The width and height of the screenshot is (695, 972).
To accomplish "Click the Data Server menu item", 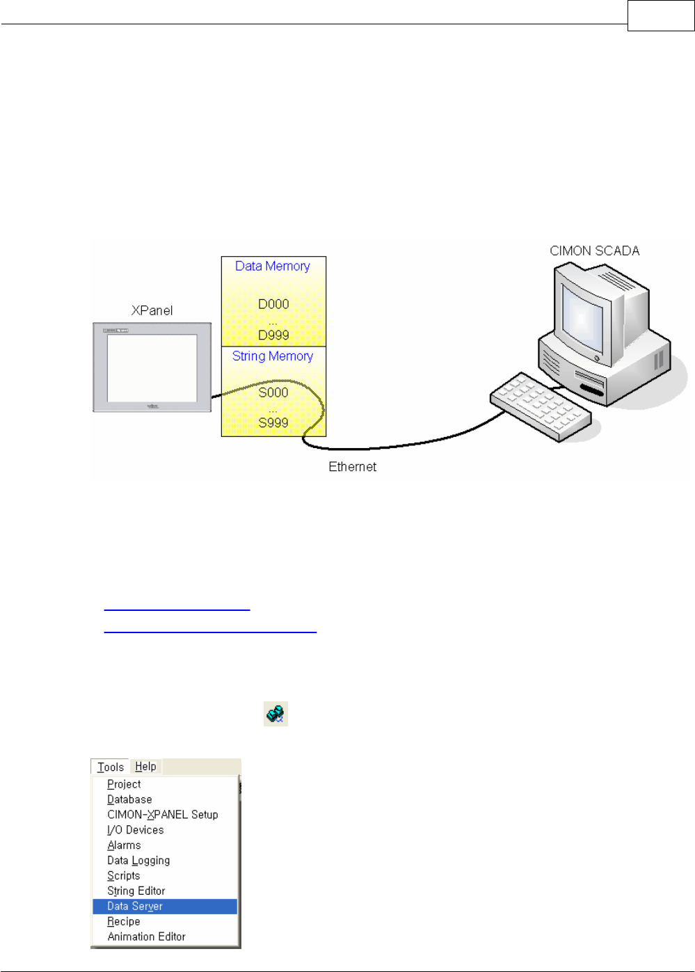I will tap(135, 906).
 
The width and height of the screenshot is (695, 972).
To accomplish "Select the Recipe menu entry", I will tap(124, 921).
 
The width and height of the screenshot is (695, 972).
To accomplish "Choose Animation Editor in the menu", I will tap(146, 937).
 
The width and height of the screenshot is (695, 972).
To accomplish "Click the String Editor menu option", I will tap(136, 891).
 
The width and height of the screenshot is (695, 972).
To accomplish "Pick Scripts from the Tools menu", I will tap(124, 875).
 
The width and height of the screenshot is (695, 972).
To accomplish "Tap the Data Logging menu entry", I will tap(138, 860).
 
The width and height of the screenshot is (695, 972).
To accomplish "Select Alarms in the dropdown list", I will tap(124, 845).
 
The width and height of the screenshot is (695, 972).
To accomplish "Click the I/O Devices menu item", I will tap(136, 829).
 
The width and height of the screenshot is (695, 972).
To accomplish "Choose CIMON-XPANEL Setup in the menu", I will tap(163, 814).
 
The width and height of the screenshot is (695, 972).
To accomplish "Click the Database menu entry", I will tap(129, 799).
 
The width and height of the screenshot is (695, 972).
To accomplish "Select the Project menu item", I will tap(124, 784).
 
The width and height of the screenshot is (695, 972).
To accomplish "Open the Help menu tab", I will tap(145, 766).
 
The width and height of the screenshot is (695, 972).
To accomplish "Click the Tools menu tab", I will tap(111, 767).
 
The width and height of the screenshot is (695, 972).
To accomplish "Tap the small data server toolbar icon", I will tap(275, 714).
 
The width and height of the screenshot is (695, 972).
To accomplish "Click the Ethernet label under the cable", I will tap(352, 467).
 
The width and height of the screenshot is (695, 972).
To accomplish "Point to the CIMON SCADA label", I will tap(594, 251).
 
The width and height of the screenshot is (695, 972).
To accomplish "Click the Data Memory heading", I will tap(273, 266).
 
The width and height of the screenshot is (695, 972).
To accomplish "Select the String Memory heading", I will tap(273, 356).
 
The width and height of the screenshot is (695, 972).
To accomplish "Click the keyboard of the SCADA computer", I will tap(541, 406).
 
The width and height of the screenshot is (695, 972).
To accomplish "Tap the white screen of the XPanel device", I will tap(152, 368).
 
